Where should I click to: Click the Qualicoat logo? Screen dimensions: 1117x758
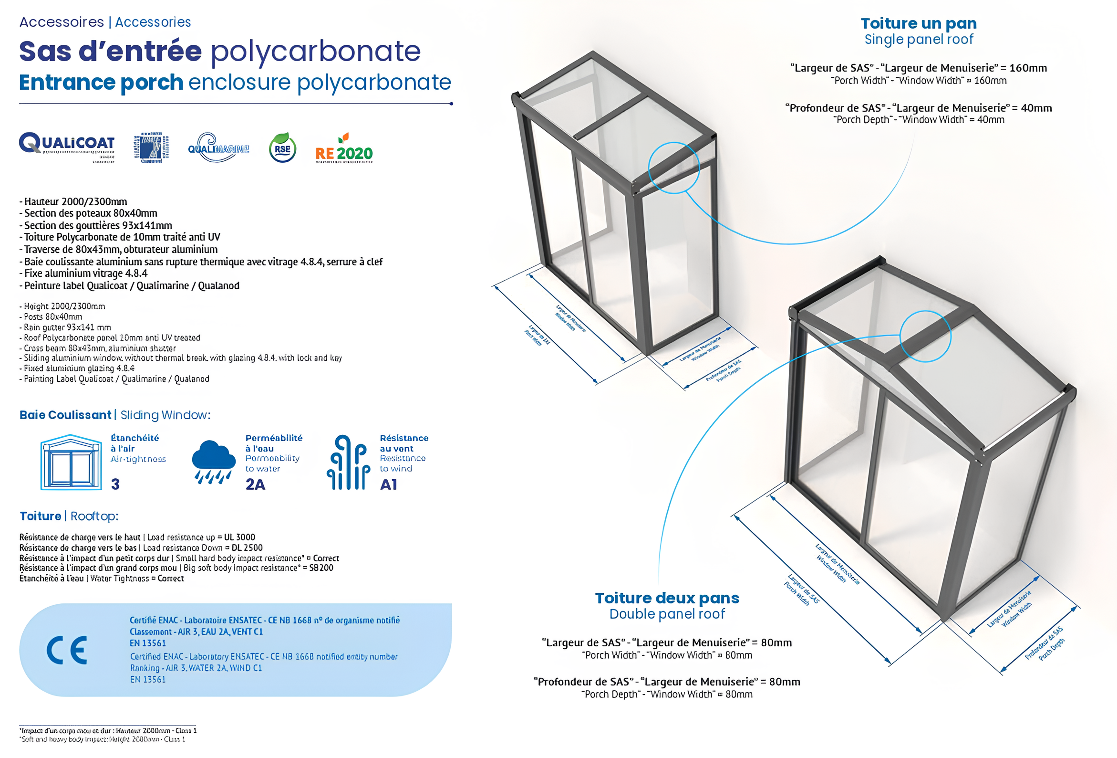(x=66, y=144)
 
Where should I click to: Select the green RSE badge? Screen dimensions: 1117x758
(x=282, y=147)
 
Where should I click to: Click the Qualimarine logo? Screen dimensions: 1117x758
(x=218, y=147)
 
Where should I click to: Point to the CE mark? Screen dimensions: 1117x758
(x=67, y=650)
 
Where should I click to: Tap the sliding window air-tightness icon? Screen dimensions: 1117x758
(x=71, y=462)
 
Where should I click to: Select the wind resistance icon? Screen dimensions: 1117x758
(x=348, y=462)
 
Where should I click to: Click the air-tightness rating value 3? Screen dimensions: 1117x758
(x=115, y=484)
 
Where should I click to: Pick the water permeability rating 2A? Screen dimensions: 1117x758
(x=255, y=484)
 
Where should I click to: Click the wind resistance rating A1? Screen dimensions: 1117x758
(x=389, y=484)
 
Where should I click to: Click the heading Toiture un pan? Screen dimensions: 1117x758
(x=918, y=23)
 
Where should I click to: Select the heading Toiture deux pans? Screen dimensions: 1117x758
(x=667, y=598)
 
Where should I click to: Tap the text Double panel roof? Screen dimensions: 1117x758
(x=667, y=614)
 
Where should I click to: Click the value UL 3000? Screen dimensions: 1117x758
(x=239, y=537)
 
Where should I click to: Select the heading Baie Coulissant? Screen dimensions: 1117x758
(x=65, y=415)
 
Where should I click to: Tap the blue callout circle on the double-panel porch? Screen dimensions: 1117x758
(x=925, y=336)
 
